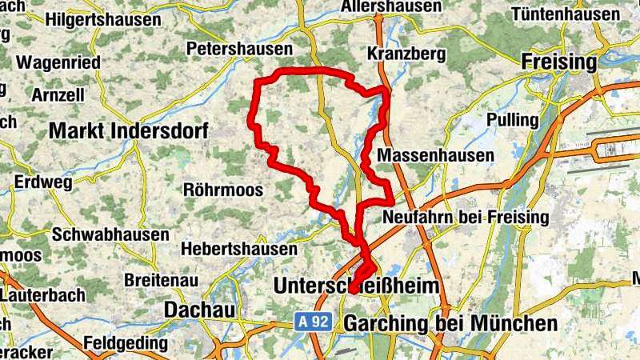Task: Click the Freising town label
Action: pyautogui.click(x=558, y=62)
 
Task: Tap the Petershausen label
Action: pyautogui.click(x=240, y=50)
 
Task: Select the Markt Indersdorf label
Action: pyautogui.click(x=128, y=130)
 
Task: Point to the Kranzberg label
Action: pyautogui.click(x=405, y=53)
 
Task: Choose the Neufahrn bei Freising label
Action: pyautogui.click(x=466, y=217)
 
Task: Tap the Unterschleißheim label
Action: pyautogui.click(x=357, y=286)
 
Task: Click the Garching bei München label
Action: pyautogui.click(x=450, y=324)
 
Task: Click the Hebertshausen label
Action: pyautogui.click(x=239, y=250)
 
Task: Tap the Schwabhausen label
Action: pyautogui.click(x=110, y=235)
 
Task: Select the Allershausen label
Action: pyautogui.click(x=390, y=7)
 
